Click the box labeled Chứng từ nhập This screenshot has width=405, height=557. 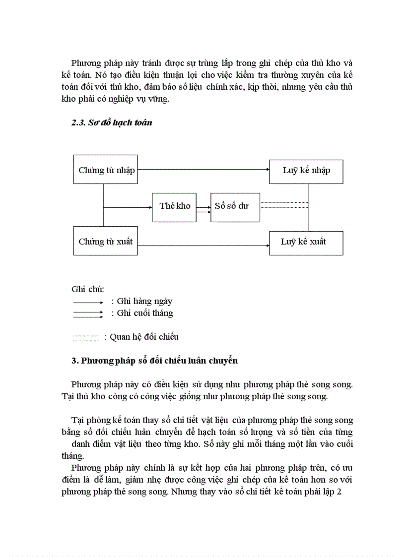pyautogui.click(x=105, y=170)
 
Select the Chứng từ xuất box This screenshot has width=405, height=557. pyautogui.click(x=105, y=241)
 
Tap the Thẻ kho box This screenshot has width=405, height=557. pyautogui.click(x=174, y=206)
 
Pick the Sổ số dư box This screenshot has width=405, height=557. pyautogui.click(x=235, y=206)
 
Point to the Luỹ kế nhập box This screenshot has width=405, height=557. pyautogui.click(x=306, y=171)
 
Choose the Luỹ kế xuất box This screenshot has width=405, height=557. pyautogui.click(x=306, y=242)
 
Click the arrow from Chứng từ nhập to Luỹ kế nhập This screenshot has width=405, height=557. pyautogui.click(x=203, y=169)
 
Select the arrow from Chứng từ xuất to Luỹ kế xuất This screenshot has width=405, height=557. pyautogui.click(x=203, y=244)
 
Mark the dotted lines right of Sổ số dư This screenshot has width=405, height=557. pyautogui.click(x=284, y=205)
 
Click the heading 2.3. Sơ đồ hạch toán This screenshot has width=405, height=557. pyautogui.click(x=112, y=123)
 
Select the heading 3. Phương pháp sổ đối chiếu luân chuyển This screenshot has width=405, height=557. pyautogui.click(x=154, y=361)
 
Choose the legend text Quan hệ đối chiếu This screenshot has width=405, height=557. pyautogui.click(x=144, y=337)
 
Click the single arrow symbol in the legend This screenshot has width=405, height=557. pyautogui.click(x=88, y=302)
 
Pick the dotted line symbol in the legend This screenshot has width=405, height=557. pyautogui.click(x=86, y=338)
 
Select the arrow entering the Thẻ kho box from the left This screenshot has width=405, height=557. pyautogui.click(x=128, y=206)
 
